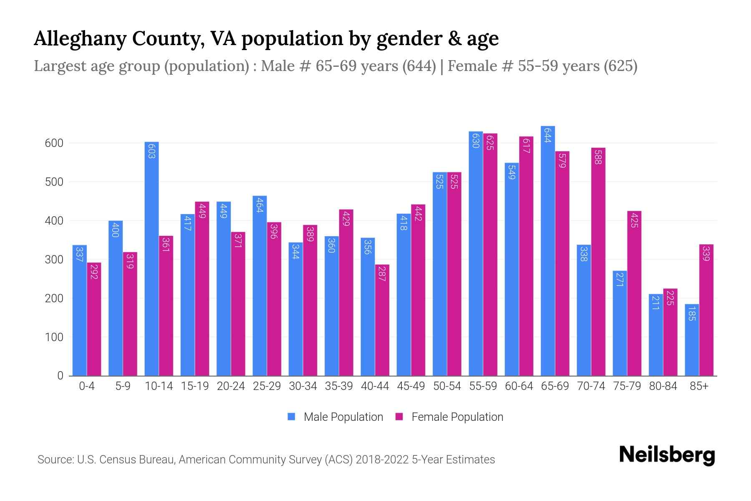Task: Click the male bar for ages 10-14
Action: [x=151, y=259]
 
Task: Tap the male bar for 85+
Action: [x=692, y=340]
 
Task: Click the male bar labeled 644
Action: [x=547, y=250]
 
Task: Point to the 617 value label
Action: [x=526, y=145]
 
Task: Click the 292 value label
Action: [x=94, y=271]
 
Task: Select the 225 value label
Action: [x=670, y=298]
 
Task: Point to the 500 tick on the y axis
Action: [x=54, y=182]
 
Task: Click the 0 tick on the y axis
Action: [x=60, y=376]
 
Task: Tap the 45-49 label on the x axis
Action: [x=411, y=386]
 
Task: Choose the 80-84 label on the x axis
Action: [x=663, y=386]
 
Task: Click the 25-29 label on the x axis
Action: [x=267, y=386]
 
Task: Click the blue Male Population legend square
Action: [x=291, y=417]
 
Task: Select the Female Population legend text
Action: [x=457, y=417]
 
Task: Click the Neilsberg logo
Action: [x=667, y=455]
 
